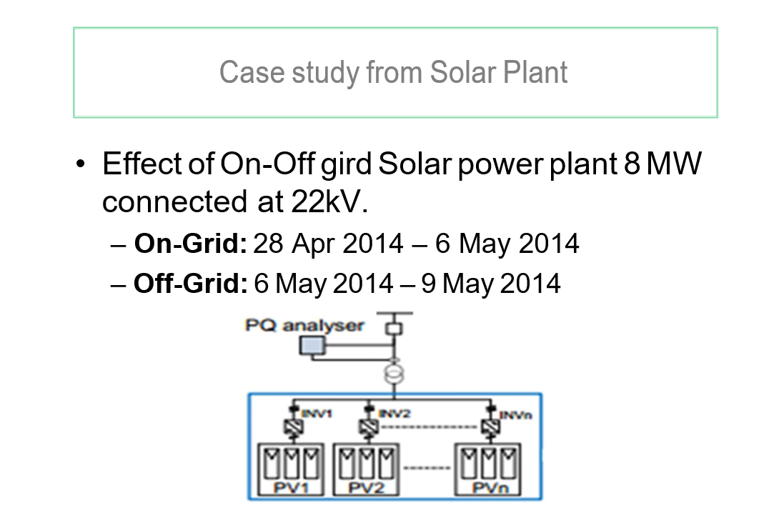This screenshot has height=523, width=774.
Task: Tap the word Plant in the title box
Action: (535, 72)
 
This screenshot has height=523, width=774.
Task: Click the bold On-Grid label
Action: (190, 244)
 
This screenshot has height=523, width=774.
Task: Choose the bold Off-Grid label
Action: (190, 284)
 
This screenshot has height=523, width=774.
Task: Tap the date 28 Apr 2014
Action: (328, 244)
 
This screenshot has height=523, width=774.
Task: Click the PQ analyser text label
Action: (304, 326)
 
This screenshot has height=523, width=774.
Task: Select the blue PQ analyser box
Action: (311, 347)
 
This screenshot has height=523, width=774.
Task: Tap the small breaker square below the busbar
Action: (392, 329)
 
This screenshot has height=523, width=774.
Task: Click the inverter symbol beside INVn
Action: (492, 427)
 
